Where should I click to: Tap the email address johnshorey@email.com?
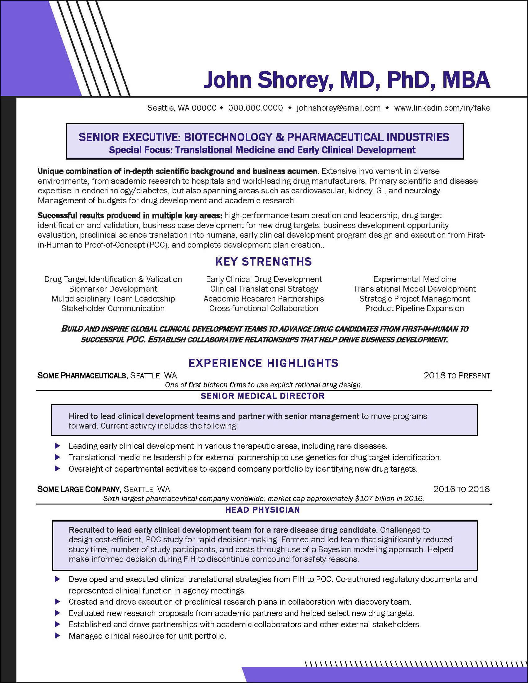click(x=339, y=108)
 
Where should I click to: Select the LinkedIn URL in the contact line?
click(x=442, y=108)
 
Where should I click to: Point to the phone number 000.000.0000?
click(x=255, y=108)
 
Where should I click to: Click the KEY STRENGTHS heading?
click(x=263, y=262)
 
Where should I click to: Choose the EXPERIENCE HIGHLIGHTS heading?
click(x=263, y=363)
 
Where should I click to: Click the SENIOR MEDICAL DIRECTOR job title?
click(x=262, y=396)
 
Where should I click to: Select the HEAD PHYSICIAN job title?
click(x=262, y=510)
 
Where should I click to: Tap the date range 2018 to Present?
click(x=457, y=375)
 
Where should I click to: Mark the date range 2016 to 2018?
click(x=461, y=489)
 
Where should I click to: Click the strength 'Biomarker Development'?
click(x=113, y=289)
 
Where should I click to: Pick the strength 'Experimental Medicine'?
click(x=415, y=279)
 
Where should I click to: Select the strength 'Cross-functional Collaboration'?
click(x=263, y=308)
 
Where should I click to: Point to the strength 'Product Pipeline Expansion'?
click(x=415, y=308)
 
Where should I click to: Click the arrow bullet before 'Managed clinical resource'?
click(x=57, y=636)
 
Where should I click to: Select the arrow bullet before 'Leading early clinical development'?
click(x=57, y=446)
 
